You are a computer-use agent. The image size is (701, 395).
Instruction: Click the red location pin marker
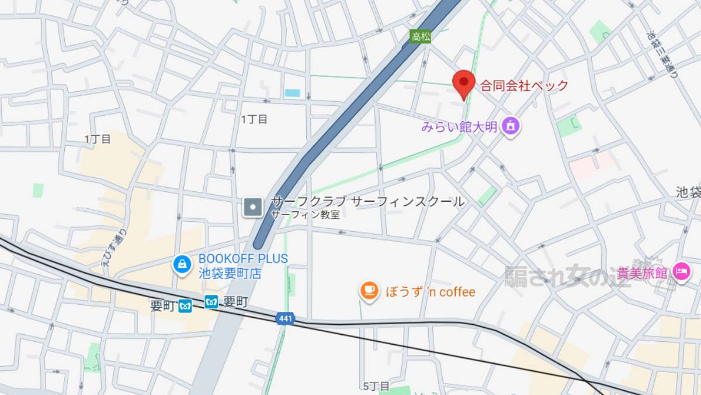[x=464, y=83]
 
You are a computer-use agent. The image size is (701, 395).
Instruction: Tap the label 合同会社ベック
[x=524, y=86]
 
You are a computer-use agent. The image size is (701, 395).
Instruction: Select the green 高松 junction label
[x=421, y=36]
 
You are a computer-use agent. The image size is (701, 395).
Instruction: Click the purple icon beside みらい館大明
[x=511, y=125]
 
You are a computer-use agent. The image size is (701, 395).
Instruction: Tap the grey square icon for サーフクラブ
[x=254, y=207]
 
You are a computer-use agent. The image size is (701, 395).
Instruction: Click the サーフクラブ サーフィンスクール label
[x=367, y=202]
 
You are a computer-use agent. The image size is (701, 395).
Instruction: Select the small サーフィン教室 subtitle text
[x=305, y=215]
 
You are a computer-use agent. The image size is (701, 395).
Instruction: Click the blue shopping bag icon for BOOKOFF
[x=182, y=265]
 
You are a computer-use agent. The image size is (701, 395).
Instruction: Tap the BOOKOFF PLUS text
[x=243, y=258]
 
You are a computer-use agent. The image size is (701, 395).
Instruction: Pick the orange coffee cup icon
[x=369, y=291]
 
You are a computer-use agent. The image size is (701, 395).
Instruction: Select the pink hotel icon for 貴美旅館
[x=680, y=272]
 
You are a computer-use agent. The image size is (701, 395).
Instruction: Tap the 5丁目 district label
[x=376, y=386]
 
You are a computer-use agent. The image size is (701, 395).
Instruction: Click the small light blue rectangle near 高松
[x=292, y=92]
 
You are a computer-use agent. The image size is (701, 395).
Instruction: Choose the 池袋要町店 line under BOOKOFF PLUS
[x=230, y=273]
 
